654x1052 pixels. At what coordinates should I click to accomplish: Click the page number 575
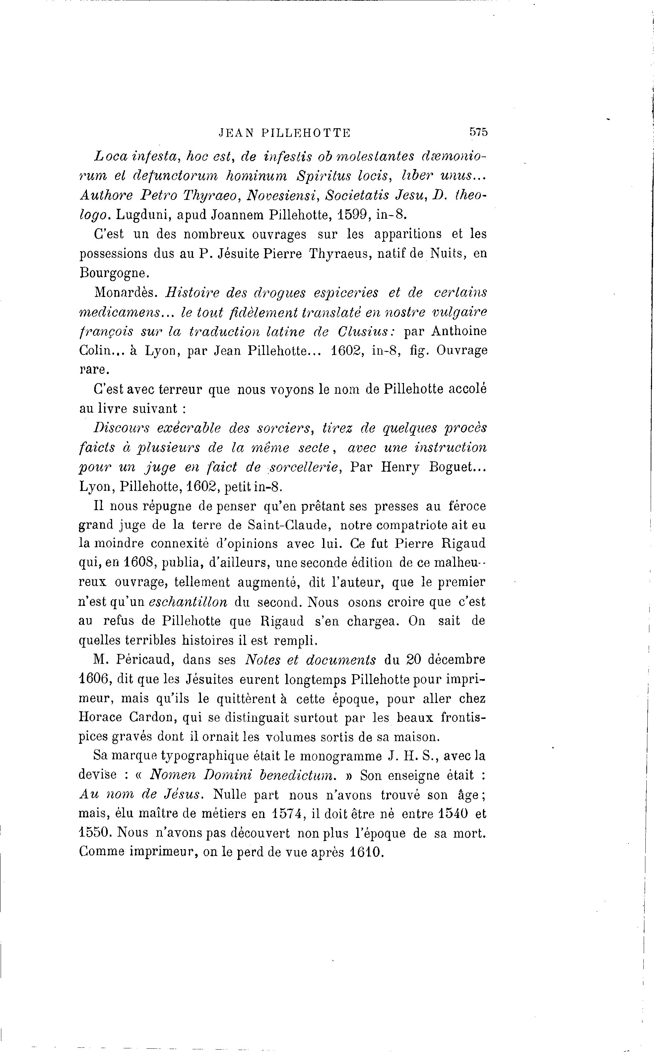[x=478, y=132]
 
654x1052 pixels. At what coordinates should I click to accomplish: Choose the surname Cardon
[x=153, y=718]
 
